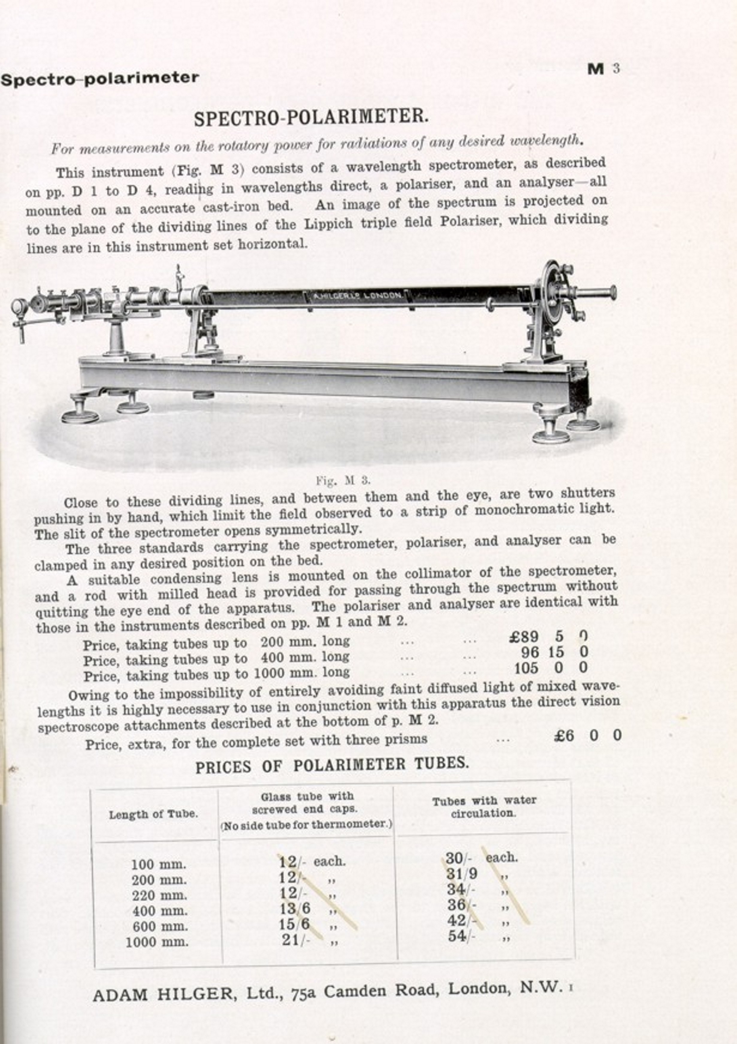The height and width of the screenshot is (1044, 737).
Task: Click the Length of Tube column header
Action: click(154, 814)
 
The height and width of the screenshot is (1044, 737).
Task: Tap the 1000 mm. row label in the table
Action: click(157, 942)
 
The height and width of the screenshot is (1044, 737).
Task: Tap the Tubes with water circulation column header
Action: click(484, 807)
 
